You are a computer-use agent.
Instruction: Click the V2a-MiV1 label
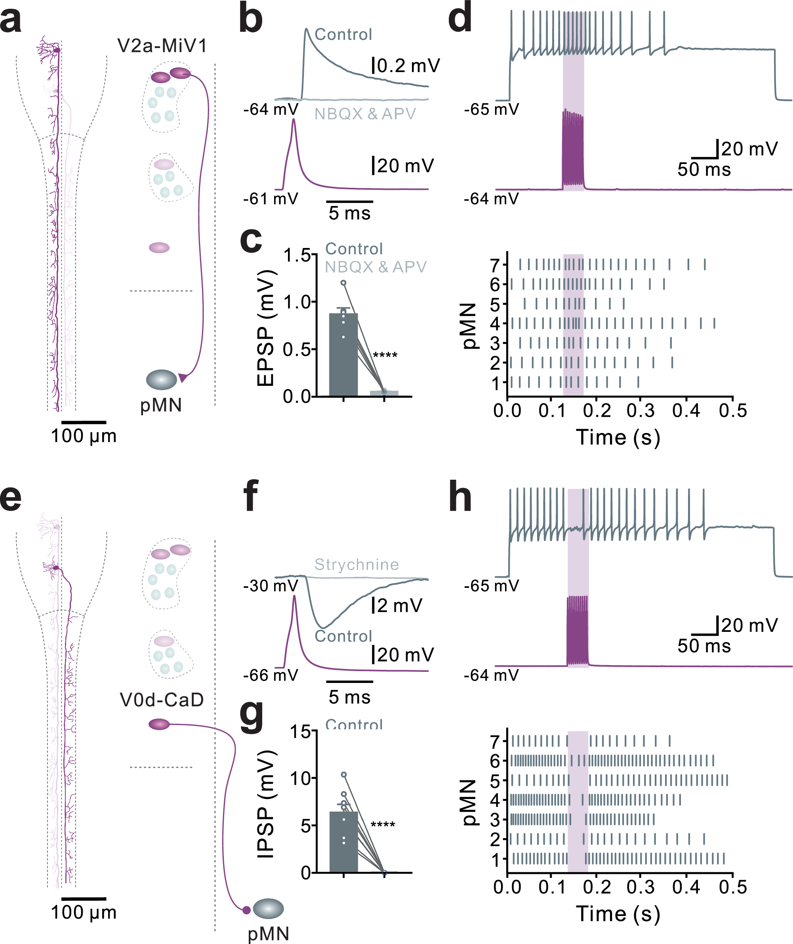[162, 46]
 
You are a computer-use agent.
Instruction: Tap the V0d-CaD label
[162, 700]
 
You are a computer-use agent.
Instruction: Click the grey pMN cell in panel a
[161, 380]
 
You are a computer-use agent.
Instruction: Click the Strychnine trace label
[356, 564]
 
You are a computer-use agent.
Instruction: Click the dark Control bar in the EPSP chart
[343, 355]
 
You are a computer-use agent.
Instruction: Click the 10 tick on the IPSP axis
[300, 778]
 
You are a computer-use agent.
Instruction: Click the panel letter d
[460, 18]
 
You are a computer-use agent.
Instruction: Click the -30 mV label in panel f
[271, 586]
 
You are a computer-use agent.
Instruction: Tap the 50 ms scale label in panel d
[704, 170]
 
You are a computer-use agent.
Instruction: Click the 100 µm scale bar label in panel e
[84, 913]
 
